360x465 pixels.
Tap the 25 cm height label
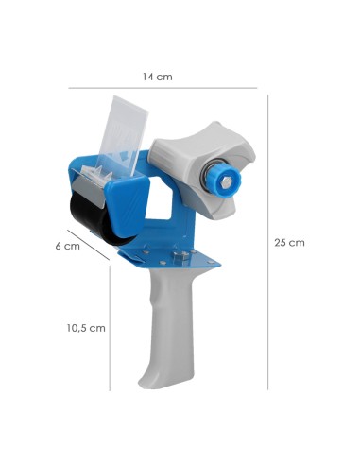click(x=289, y=243)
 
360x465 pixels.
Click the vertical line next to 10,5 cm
click(x=111, y=328)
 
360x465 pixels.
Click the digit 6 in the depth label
click(x=59, y=246)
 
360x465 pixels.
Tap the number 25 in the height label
click(x=282, y=243)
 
